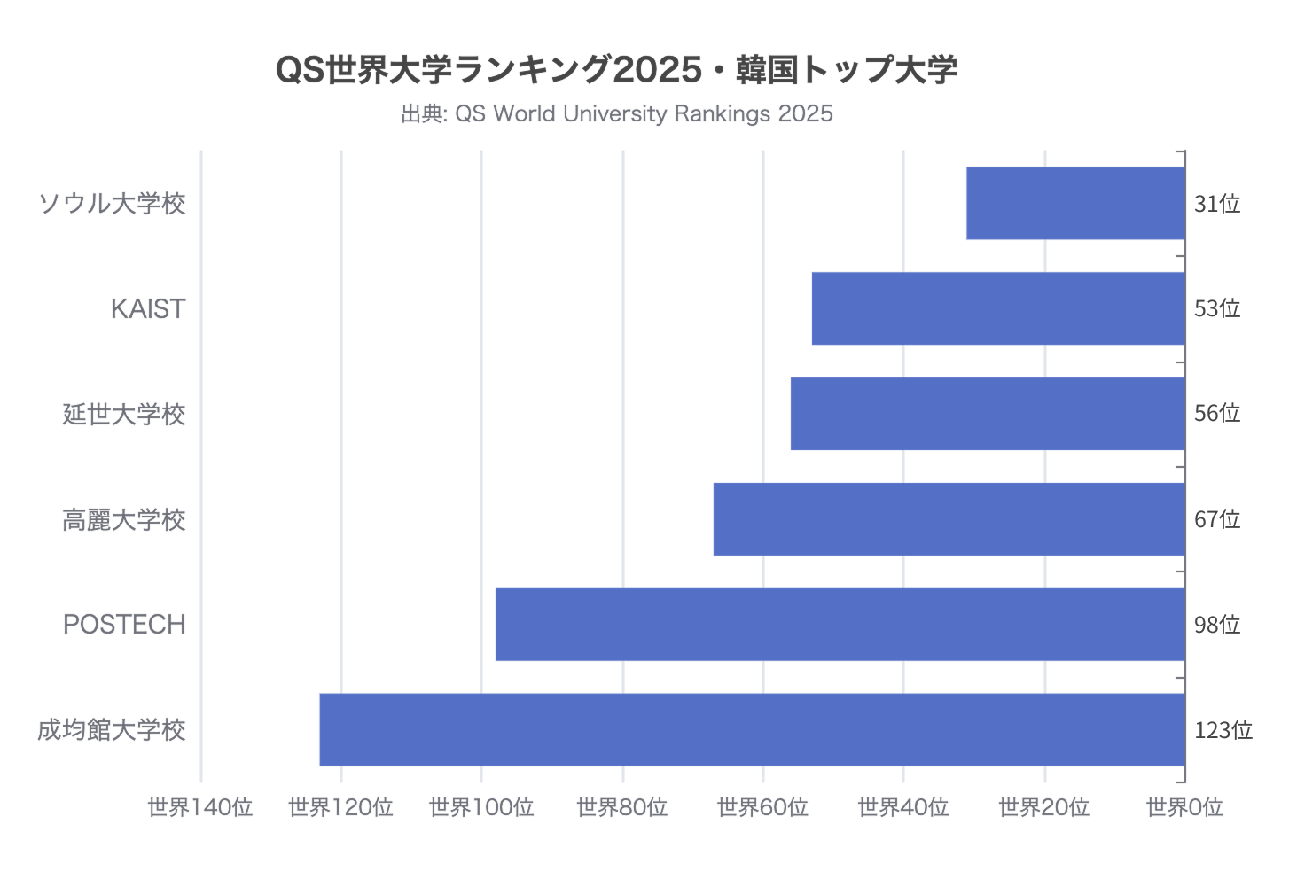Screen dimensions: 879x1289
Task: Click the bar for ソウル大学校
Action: pos(1075,203)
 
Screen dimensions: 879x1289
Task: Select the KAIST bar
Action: pos(998,308)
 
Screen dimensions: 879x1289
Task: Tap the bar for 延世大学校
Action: pos(988,414)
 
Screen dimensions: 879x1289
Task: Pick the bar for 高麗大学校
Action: pos(949,519)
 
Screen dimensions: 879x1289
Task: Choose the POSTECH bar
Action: pos(840,625)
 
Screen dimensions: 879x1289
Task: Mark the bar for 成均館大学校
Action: pos(752,729)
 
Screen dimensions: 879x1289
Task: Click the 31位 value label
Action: pos(1217,204)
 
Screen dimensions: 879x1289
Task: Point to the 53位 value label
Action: pos(1217,308)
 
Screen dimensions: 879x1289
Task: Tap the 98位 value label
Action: pos(1217,625)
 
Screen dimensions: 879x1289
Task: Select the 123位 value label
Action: pos(1223,730)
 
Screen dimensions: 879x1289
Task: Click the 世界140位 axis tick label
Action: pos(200,807)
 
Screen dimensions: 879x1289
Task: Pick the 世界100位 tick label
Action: pos(481,807)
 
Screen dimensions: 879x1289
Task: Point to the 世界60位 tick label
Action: pos(762,807)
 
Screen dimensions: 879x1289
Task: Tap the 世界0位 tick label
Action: pos(1184,807)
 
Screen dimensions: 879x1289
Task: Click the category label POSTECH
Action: pos(124,625)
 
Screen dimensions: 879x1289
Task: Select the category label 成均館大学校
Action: pos(112,730)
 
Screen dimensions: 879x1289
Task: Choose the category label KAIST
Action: pos(148,308)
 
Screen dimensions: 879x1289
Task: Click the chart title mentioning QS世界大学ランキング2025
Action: pos(617,69)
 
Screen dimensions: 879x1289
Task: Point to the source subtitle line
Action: pos(617,113)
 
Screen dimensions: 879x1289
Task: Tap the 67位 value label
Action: pos(1217,519)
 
